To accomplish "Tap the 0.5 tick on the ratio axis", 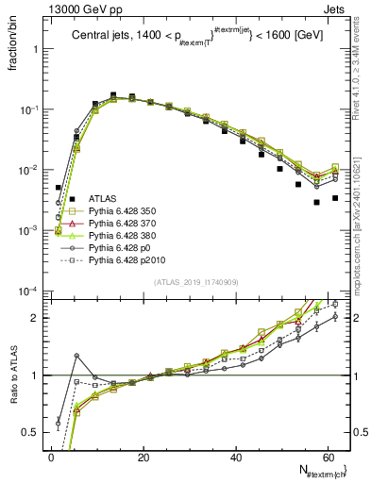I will point(34,432).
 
